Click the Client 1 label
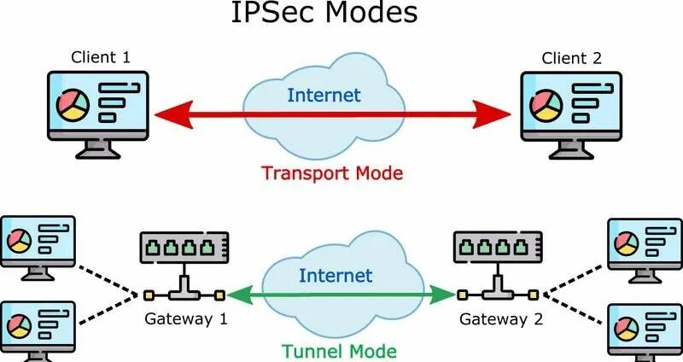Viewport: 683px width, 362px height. (x=101, y=59)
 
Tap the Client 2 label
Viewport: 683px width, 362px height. (x=572, y=59)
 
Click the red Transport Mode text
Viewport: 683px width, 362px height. (x=332, y=172)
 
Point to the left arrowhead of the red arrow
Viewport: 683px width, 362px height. (x=167, y=113)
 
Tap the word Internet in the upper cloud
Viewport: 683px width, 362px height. (x=324, y=95)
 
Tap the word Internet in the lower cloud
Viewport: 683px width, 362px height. (x=336, y=275)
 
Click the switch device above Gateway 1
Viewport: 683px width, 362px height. (x=184, y=248)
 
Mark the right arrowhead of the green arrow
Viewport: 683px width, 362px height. (x=446, y=295)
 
